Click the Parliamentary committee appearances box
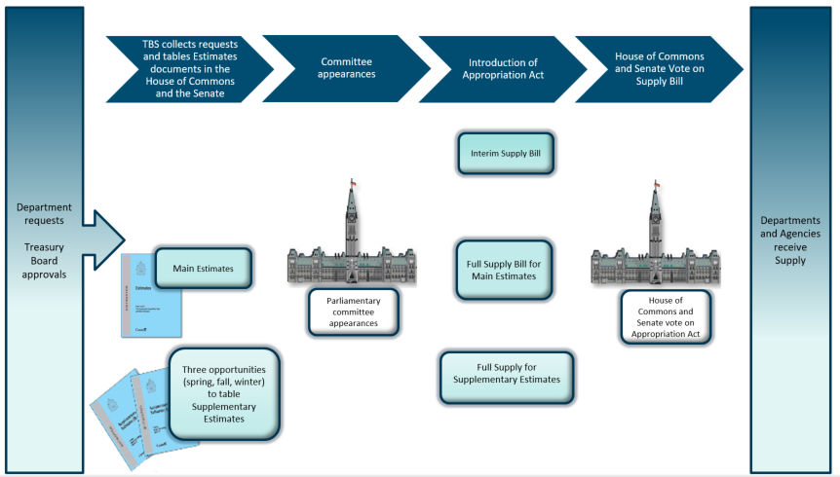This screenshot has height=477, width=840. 353,312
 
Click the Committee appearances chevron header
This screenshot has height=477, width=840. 346,68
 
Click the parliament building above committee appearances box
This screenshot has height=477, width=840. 351,248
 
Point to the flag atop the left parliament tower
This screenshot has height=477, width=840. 354,184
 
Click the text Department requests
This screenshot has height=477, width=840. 44,213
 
